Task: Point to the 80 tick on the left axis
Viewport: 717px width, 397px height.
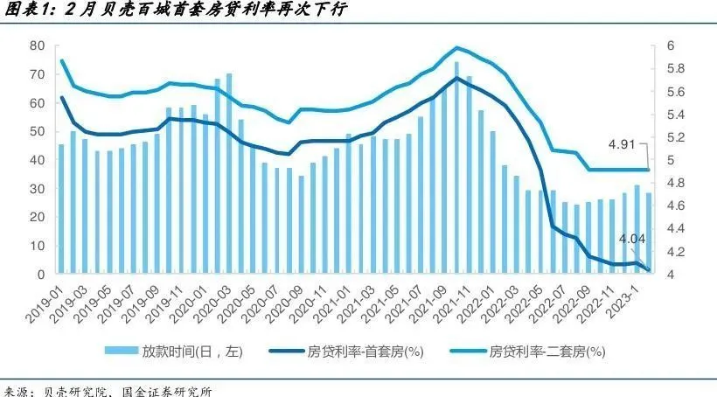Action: pos(37,45)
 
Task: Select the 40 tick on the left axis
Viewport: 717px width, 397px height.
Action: pos(37,160)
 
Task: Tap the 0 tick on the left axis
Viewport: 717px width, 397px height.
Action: pos(40,275)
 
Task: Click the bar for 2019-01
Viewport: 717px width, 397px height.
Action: pos(61,210)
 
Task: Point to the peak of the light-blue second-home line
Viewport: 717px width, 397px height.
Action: pos(456,47)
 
